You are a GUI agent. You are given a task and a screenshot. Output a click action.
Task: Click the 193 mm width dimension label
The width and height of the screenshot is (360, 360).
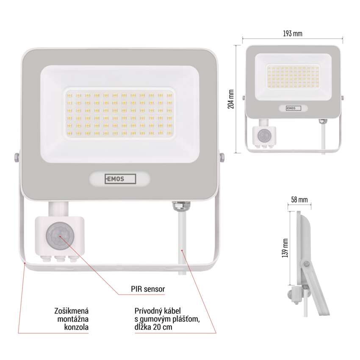point(292,33)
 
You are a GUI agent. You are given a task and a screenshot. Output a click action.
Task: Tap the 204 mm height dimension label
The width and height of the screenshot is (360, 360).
point(231,99)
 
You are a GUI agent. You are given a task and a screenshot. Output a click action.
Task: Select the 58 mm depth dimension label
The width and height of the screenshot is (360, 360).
point(299,199)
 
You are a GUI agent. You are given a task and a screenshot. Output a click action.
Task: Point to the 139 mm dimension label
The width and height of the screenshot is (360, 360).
point(285,248)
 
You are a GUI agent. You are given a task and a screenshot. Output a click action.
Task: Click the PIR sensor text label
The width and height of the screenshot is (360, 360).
point(148,289)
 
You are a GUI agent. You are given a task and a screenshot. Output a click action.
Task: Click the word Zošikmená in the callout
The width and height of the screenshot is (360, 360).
point(72,311)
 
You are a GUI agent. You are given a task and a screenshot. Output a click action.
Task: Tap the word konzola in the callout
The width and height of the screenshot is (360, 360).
point(76,327)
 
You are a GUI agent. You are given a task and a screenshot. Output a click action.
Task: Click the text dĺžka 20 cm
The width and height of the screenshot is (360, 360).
point(153,327)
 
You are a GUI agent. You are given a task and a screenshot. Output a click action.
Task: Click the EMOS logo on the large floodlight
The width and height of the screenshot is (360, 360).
point(120,179)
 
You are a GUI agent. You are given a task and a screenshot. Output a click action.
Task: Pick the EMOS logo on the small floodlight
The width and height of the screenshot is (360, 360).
point(293,108)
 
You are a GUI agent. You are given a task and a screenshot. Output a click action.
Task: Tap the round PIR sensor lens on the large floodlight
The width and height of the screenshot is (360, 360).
point(60,236)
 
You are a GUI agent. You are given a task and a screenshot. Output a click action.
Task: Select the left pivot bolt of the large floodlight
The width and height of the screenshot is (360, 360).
point(16,158)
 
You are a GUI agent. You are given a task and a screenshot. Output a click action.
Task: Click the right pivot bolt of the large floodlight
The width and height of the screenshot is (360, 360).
point(222,158)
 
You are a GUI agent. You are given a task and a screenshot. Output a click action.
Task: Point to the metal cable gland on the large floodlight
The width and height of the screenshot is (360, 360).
point(181,206)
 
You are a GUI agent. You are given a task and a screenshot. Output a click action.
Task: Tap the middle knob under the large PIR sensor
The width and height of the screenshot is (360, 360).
point(60,259)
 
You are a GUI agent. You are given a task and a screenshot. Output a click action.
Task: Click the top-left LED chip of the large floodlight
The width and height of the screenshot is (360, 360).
point(69,96)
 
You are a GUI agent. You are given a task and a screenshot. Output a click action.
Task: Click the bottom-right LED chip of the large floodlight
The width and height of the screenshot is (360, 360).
point(170,133)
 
